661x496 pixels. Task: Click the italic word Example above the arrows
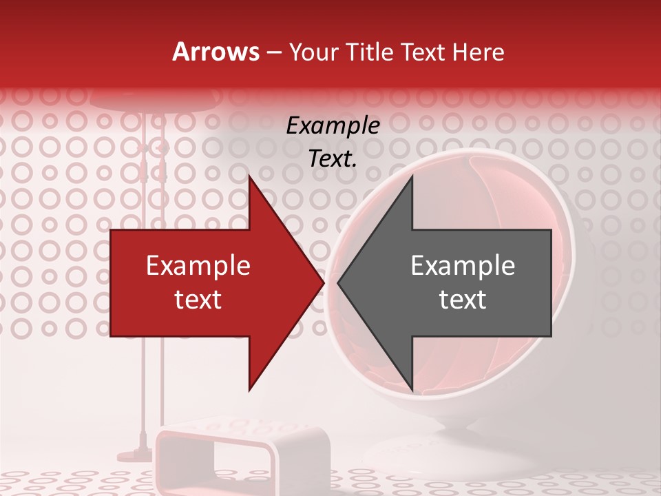[333, 126]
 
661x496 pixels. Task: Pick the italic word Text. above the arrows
[333, 159]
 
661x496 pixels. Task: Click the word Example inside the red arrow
[198, 266]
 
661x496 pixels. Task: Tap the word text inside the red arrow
[198, 299]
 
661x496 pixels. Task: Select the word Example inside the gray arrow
[463, 266]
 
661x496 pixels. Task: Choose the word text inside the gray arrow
[463, 299]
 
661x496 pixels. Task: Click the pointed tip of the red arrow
[323, 283]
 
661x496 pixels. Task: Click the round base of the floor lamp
[138, 455]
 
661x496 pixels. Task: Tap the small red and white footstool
[220, 455]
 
